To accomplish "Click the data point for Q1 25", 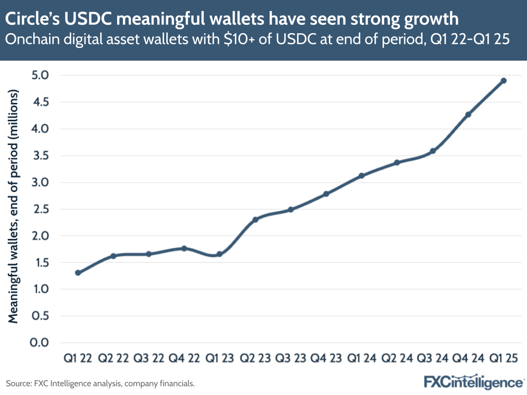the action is click(503, 81).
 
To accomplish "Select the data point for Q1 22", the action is click(78, 273).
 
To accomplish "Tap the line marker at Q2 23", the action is click(255, 219).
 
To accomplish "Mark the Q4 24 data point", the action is click(468, 114).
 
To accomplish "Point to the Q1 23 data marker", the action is click(219, 254).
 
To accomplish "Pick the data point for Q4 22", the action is click(184, 248).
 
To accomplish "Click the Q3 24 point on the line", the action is click(433, 151).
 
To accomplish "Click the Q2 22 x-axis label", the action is click(113, 359).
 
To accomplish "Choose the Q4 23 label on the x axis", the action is click(326, 359).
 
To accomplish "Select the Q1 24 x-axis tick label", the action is click(361, 359).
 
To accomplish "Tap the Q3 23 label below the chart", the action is click(291, 359).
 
